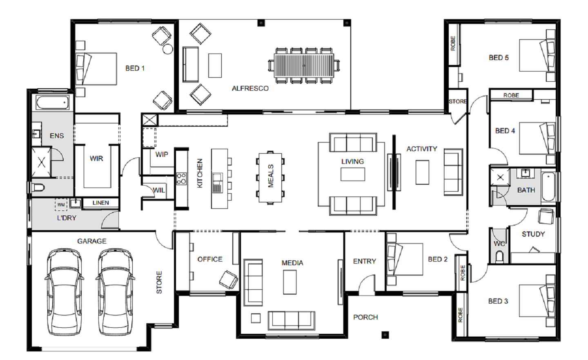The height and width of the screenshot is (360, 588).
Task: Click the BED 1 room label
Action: pos(135,68)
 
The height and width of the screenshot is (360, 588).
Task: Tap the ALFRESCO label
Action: pos(250,89)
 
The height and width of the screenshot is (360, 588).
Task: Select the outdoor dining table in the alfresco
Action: pos(304,65)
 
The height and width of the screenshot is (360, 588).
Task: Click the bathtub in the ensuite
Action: pos(53,102)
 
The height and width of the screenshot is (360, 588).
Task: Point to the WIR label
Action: pos(96,159)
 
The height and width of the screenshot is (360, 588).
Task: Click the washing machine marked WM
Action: pos(61,204)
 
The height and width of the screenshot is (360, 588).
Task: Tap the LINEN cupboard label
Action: pos(100,203)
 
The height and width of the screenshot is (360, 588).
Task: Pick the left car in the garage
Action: pos(64,292)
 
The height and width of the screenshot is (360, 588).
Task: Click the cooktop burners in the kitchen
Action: pos(181,179)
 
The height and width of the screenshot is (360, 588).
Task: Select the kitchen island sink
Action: pos(217,183)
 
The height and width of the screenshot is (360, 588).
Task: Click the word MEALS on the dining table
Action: pos(271,176)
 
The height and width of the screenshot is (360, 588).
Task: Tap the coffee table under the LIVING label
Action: pos(352,174)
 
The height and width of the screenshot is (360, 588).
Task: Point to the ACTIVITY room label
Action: pos(422,149)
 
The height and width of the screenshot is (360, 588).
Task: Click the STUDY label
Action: pos(533,234)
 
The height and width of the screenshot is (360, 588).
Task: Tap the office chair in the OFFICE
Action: pos(228,280)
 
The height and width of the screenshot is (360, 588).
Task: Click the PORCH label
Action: pos(365,318)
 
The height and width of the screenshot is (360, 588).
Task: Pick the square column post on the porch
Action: pos(385,335)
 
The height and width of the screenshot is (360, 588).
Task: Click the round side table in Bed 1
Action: pos(168,49)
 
